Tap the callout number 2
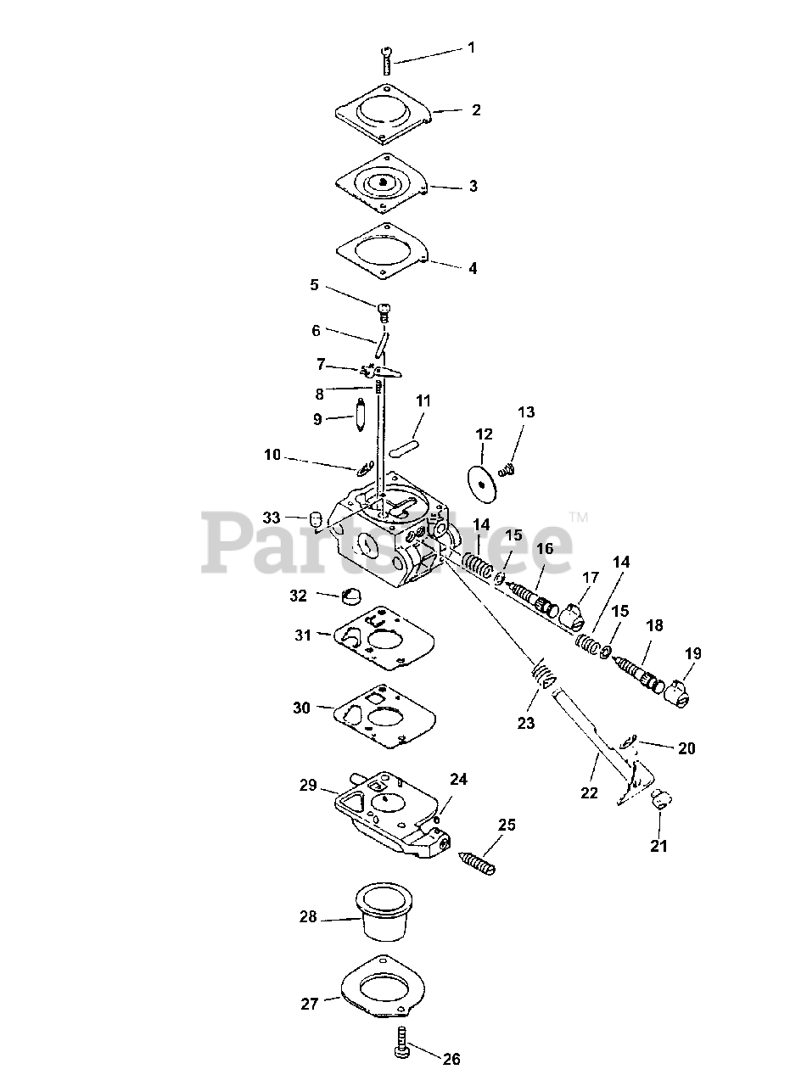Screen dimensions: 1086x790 (x=476, y=110)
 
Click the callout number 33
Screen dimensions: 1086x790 (x=271, y=518)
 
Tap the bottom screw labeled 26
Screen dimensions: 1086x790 (x=404, y=1045)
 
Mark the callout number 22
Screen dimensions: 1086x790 (x=589, y=793)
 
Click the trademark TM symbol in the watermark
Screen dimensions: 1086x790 (x=578, y=515)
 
